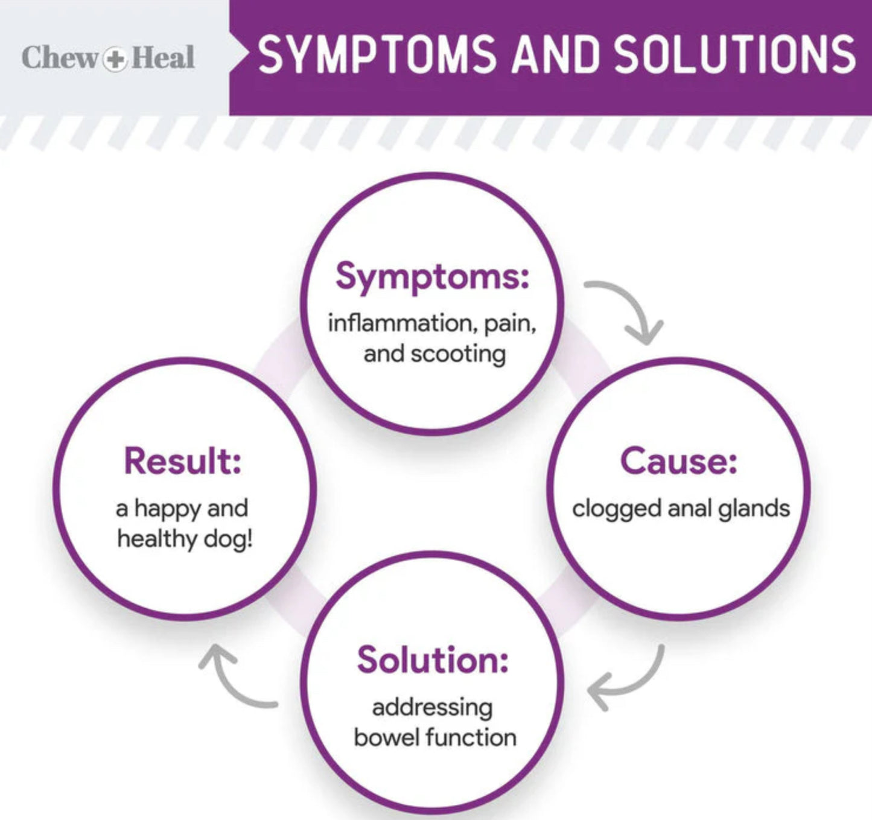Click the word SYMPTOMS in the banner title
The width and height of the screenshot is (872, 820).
[x=378, y=54]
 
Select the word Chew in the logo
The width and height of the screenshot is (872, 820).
[x=60, y=58]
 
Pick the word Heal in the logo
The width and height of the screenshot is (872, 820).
[x=162, y=58]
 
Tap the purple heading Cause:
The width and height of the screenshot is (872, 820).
[x=678, y=462]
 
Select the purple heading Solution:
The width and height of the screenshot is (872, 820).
[x=432, y=660]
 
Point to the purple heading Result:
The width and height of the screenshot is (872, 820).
[x=183, y=462]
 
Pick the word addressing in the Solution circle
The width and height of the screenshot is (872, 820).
[x=432, y=708]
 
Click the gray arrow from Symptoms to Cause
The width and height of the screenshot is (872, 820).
[x=631, y=308]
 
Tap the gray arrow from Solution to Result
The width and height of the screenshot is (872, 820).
[x=232, y=679]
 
